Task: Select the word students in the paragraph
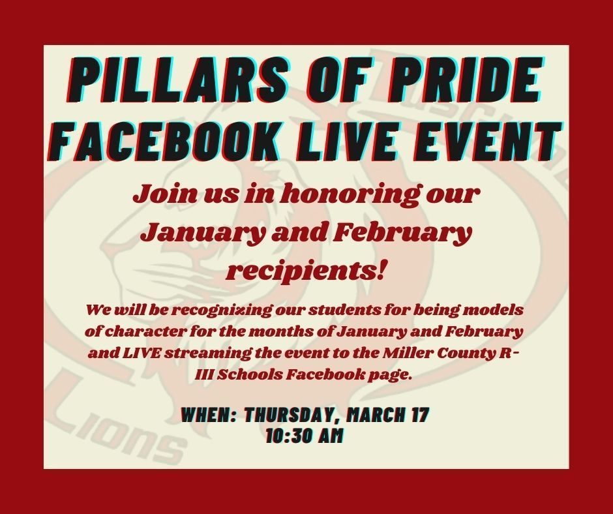pyautogui.click(x=344, y=310)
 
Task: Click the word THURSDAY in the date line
pyautogui.click(x=292, y=415)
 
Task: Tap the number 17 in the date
pyautogui.click(x=420, y=415)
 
